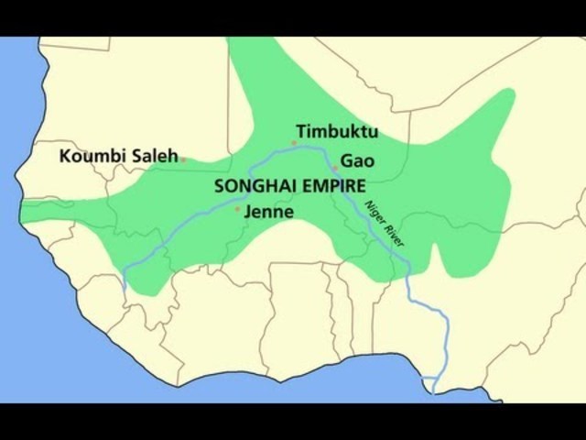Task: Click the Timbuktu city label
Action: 337,131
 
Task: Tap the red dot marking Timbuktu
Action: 294,143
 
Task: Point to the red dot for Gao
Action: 335,169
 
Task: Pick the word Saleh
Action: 152,156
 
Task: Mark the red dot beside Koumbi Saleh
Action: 183,159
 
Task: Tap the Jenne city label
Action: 269,212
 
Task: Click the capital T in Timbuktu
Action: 300,131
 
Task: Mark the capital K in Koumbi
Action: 65,157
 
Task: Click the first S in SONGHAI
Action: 219,184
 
